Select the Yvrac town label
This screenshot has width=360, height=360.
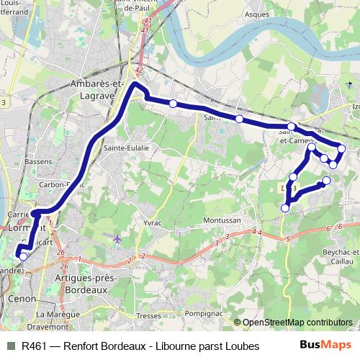click(x=153, y=223)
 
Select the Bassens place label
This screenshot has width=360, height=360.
click(x=38, y=162)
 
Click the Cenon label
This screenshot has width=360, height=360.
click(x=18, y=297)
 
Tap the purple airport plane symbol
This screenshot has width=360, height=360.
click(x=117, y=238)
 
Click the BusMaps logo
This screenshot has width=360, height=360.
click(x=325, y=346)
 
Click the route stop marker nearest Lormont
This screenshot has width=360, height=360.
click(x=23, y=256)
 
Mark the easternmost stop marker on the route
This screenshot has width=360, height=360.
click(x=341, y=149)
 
